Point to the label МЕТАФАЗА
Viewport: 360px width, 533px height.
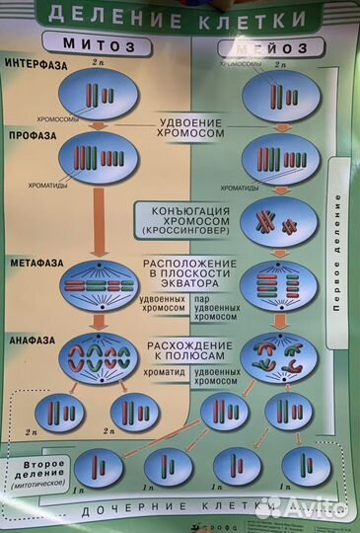34,265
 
